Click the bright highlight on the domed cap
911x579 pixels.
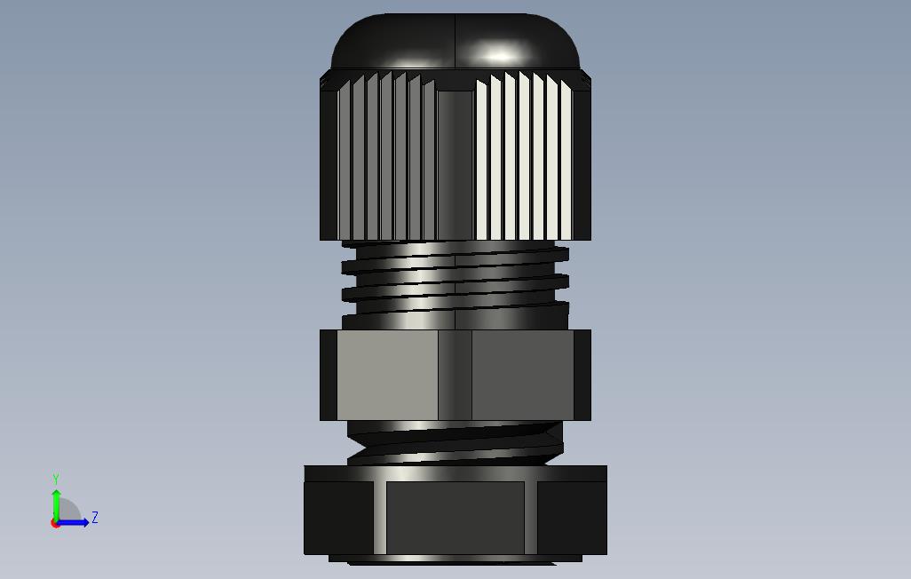pos(498,56)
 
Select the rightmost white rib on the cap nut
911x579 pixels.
pos(566,161)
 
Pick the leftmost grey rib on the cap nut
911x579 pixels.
pos(345,161)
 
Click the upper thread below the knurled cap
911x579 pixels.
pos(455,278)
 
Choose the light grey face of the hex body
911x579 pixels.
pos(387,375)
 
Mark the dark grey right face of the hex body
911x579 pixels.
pos(523,375)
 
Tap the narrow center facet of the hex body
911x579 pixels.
pos(455,375)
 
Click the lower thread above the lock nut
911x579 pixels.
pos(455,443)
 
